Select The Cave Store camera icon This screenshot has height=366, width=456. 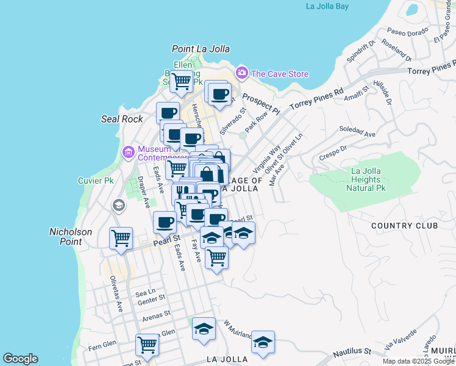(242, 73)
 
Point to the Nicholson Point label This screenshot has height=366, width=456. (70, 237)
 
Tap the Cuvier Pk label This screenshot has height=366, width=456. (96, 181)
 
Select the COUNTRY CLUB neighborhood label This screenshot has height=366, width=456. (405, 226)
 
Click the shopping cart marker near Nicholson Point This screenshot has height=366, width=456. (121, 237)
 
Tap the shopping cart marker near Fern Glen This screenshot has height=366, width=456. (148, 345)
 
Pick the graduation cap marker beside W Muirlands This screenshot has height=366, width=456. (204, 329)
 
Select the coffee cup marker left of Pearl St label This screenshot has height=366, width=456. (164, 221)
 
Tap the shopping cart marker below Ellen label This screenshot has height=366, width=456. (181, 81)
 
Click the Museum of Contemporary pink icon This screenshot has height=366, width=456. (128, 151)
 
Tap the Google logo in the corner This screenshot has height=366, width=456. (20, 359)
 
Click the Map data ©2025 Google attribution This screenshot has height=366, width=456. (419, 361)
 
